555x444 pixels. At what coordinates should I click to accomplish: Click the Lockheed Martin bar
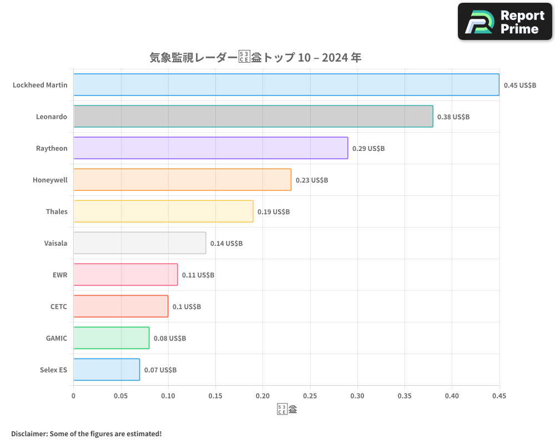pyautogui.click(x=286, y=85)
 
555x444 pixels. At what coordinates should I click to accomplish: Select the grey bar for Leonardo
pyautogui.click(x=253, y=117)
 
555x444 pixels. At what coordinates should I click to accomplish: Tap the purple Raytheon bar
pyautogui.click(x=210, y=148)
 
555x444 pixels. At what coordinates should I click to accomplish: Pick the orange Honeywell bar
pyautogui.click(x=182, y=180)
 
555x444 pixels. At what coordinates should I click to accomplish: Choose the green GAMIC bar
pyautogui.click(x=111, y=338)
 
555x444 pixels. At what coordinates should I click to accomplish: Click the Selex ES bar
pyautogui.click(x=107, y=370)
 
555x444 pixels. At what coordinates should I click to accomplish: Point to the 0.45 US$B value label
pyautogui.click(x=520, y=85)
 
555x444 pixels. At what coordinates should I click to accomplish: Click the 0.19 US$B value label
pyautogui.click(x=274, y=212)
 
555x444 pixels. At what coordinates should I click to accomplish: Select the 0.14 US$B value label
pyautogui.click(x=226, y=244)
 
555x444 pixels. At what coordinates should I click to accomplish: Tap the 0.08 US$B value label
pyautogui.click(x=170, y=339)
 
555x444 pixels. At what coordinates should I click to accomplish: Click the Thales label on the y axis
pyautogui.click(x=57, y=211)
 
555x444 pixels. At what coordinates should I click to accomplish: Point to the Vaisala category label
pyautogui.click(x=56, y=243)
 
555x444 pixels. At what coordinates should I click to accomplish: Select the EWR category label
pyautogui.click(x=60, y=275)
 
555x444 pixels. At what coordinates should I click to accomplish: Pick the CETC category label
pyautogui.click(x=58, y=306)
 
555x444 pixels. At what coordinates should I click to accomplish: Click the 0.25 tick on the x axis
pyautogui.click(x=310, y=396)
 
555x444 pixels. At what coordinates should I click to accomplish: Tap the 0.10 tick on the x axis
pyautogui.click(x=168, y=396)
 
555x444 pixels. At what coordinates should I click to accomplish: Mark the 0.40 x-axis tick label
pyautogui.click(x=452, y=396)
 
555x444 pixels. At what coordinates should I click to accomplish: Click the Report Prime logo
pyautogui.click(x=504, y=22)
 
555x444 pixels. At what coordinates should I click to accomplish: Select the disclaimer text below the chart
pyautogui.click(x=86, y=433)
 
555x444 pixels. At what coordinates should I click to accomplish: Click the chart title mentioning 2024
pyautogui.click(x=256, y=58)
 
